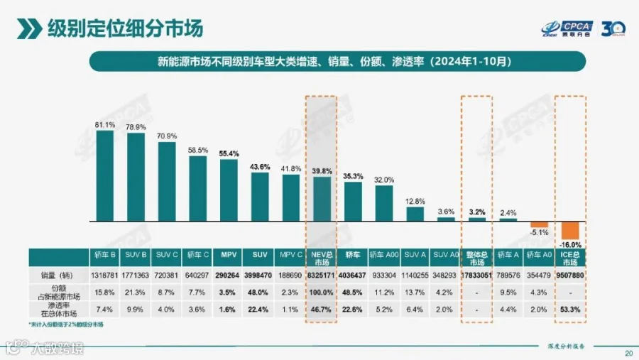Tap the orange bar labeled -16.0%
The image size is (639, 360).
(x=570, y=230)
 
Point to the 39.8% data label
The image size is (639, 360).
(x=322, y=170)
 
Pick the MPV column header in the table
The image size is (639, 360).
(x=229, y=254)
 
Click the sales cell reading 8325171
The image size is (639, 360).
(x=322, y=274)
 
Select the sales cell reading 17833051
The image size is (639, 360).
(x=476, y=274)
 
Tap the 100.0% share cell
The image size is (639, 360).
(x=322, y=291)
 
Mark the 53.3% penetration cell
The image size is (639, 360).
(x=570, y=309)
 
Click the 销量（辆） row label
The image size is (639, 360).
(x=58, y=274)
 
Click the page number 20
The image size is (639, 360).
(x=628, y=353)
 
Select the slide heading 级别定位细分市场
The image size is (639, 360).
(x=125, y=28)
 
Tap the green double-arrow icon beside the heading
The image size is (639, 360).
(x=28, y=29)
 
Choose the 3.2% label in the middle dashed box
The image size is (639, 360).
(x=476, y=212)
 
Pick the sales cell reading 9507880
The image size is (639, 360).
(x=570, y=274)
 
